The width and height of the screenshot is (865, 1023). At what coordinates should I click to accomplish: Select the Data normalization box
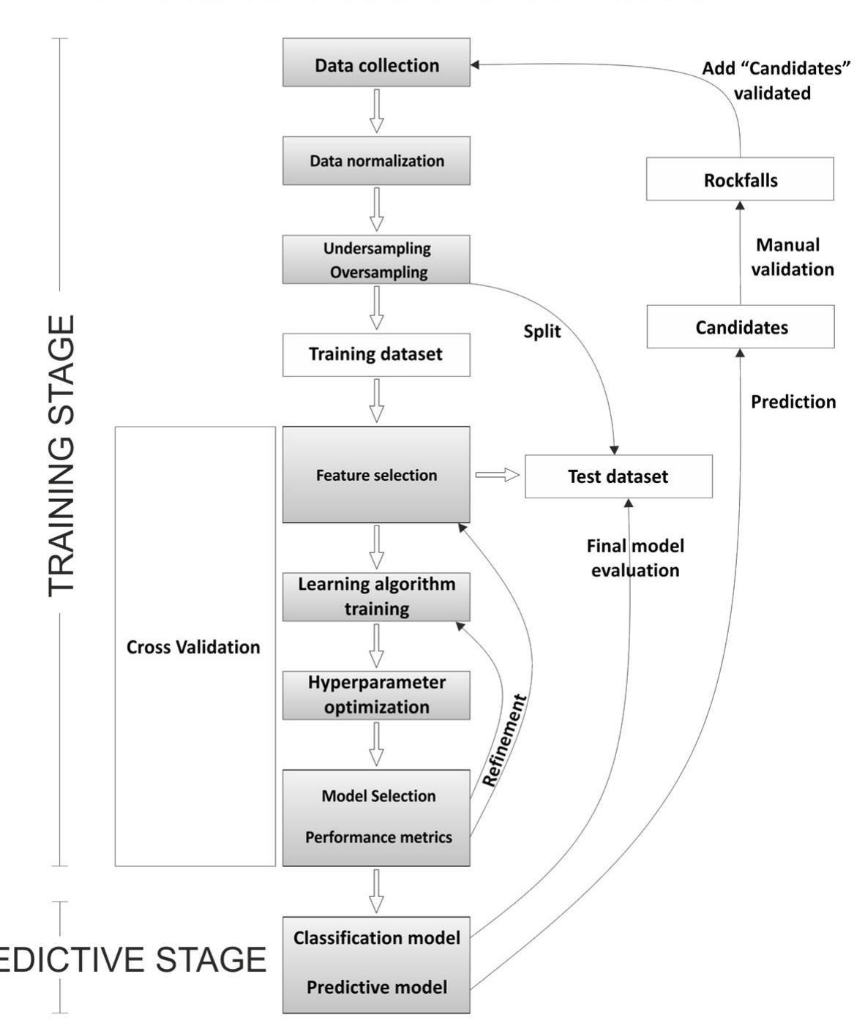click(x=376, y=160)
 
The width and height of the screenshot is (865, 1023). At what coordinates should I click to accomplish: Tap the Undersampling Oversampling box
click(x=376, y=259)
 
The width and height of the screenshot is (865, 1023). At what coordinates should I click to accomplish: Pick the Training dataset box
click(x=376, y=355)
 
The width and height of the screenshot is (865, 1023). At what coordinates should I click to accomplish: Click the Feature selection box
click(x=376, y=475)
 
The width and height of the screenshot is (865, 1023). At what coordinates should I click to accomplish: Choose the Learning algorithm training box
click(x=376, y=596)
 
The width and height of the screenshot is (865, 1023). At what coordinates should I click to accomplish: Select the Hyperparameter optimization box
click(x=376, y=694)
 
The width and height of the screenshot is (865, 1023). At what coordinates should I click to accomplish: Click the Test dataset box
click(x=618, y=476)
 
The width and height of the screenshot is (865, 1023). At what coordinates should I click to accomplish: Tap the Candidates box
click(x=741, y=327)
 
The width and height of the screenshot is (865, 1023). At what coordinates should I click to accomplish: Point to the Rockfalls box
click(x=740, y=179)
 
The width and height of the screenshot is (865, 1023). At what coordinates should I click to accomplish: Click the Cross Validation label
click(x=193, y=647)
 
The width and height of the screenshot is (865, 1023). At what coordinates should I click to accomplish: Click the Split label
click(x=542, y=331)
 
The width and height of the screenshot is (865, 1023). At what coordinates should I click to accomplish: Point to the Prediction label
click(x=793, y=402)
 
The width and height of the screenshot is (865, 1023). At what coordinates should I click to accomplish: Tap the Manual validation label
click(x=791, y=257)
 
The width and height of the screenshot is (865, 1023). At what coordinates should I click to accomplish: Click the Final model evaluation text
click(x=635, y=558)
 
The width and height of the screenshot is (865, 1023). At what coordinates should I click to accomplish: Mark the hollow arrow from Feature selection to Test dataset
click(x=498, y=475)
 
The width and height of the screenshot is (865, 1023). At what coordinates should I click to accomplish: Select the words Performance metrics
click(x=378, y=837)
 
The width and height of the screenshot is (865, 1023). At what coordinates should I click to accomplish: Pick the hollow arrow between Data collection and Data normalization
click(x=376, y=110)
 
